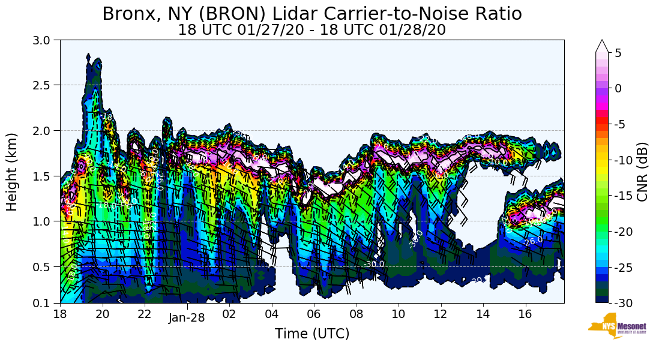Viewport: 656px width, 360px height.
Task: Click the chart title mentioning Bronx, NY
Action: pyautogui.click(x=311, y=13)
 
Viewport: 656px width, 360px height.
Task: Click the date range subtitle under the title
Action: pyautogui.click(x=311, y=30)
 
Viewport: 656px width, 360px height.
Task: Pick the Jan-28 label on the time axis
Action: pyautogui.click(x=187, y=318)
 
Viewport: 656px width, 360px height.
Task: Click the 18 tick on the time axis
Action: pyautogui.click(x=60, y=314)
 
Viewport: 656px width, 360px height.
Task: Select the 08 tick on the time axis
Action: pyautogui.click(x=356, y=314)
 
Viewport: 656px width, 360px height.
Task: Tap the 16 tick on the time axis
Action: pyautogui.click(x=525, y=314)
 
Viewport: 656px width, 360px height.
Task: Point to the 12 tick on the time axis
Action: pyautogui.click(x=441, y=314)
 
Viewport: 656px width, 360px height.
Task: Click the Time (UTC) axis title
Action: pyautogui.click(x=311, y=334)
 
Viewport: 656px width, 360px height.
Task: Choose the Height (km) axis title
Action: pyautogui.click(x=12, y=172)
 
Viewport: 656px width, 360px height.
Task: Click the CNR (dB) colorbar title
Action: pyautogui.click(x=642, y=172)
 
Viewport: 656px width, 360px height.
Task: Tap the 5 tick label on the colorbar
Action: pyautogui.click(x=618, y=53)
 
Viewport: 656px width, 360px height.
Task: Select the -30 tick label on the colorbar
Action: pyautogui.click(x=623, y=302)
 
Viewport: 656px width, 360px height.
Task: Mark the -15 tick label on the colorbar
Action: pyautogui.click(x=623, y=196)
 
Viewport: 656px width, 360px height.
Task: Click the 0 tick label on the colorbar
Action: pyautogui.click(x=618, y=88)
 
